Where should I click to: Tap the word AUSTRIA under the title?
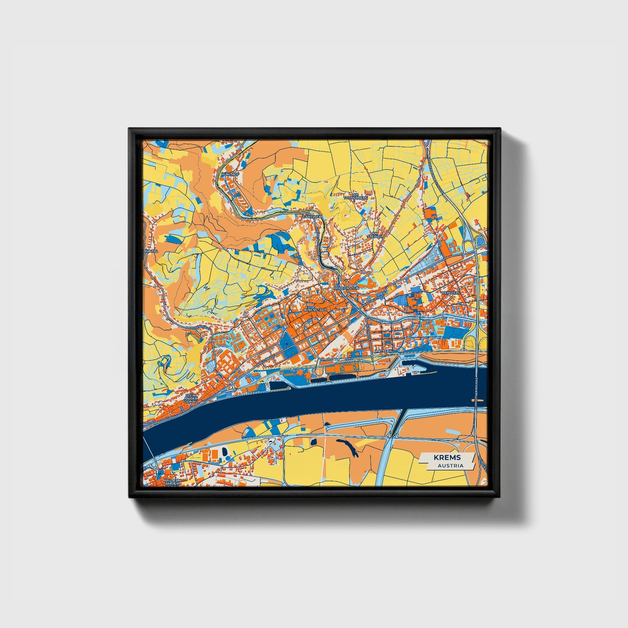tap(450, 465)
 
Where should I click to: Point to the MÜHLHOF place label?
tap(230, 174)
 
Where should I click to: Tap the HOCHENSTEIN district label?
tap(346, 288)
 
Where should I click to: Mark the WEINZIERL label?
tap(449, 293)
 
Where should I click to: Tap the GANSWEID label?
tap(313, 216)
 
